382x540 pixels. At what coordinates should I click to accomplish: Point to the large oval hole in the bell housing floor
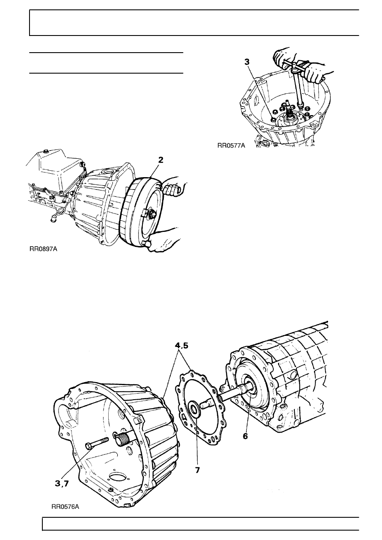coord(119,478)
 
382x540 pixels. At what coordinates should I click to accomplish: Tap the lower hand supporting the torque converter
coord(162,245)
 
